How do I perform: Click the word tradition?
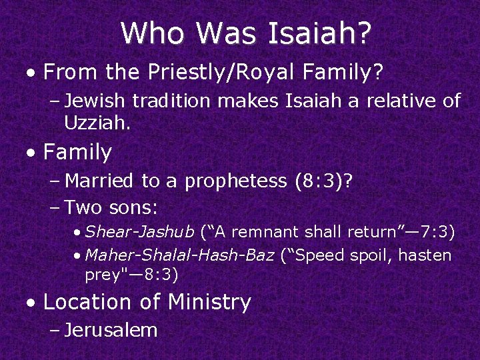click(169, 101)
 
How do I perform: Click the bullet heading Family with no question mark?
click(77, 153)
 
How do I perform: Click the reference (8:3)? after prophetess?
click(327, 181)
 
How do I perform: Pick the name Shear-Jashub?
click(140, 232)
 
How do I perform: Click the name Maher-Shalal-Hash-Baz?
click(180, 255)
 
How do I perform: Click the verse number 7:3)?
click(436, 232)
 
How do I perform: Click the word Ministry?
click(209, 302)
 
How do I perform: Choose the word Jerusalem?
click(111, 330)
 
